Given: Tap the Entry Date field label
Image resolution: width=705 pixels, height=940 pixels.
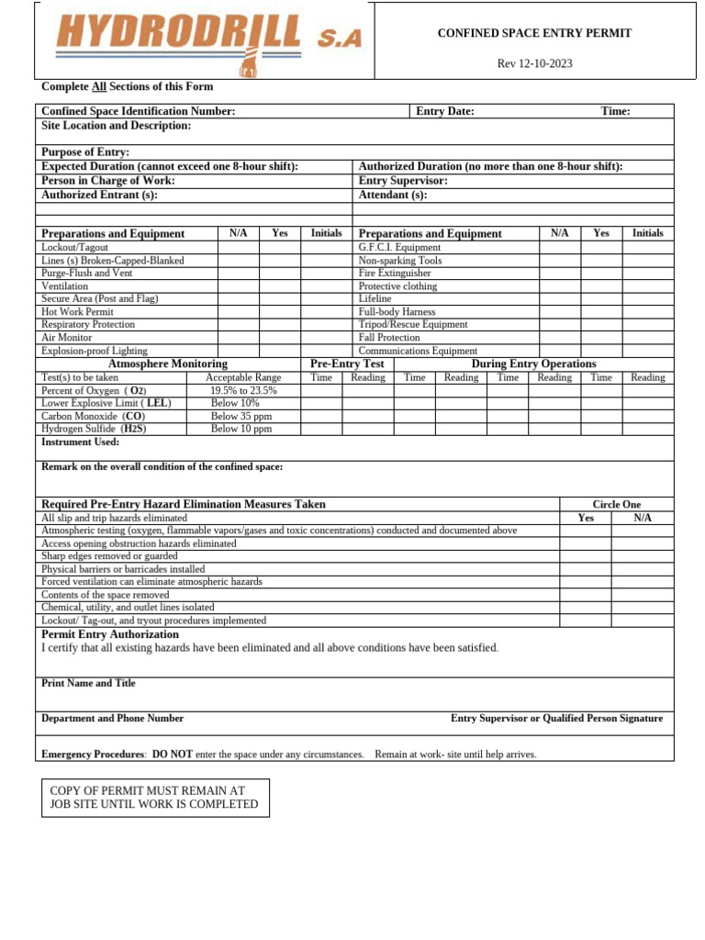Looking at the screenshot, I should (445, 111).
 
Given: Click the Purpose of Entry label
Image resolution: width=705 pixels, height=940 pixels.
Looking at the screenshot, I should (85, 151).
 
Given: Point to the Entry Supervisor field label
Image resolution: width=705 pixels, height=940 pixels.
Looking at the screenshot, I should (403, 181).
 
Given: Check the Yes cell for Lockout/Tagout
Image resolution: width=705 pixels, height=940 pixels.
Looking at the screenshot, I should (279, 248).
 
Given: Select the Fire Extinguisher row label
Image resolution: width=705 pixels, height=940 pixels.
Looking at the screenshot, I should (395, 274).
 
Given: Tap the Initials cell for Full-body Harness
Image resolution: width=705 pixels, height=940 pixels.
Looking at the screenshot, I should (647, 312).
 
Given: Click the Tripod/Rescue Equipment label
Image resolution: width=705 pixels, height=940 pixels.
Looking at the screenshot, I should (413, 325).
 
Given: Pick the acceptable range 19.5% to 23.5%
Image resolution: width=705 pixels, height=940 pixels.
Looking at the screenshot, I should (243, 390).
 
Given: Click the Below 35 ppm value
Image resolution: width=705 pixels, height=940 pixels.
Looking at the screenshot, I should (241, 416).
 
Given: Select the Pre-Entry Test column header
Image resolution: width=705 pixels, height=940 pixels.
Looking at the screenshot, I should (347, 364).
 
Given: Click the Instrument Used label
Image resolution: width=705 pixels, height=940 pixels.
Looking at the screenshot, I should (81, 442).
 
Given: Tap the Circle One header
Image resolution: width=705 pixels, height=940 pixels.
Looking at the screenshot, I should (616, 505).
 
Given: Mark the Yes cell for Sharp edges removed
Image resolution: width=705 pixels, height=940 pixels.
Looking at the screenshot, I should (586, 556).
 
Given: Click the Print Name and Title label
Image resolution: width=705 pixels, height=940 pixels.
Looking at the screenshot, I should (89, 683).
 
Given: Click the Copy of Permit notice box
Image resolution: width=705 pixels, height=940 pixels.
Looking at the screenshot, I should (156, 798).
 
